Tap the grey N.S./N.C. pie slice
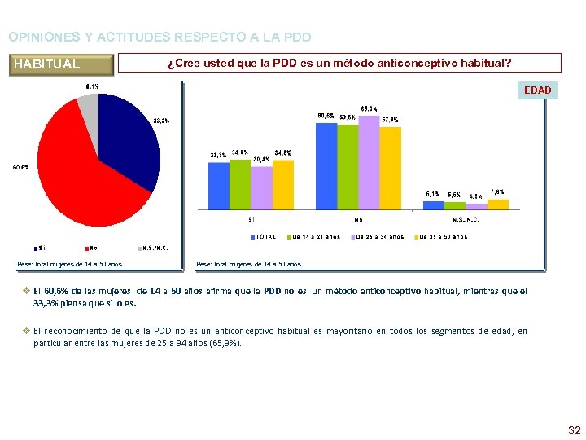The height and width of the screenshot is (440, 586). [89, 106]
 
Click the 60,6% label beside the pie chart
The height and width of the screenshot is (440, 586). [20, 167]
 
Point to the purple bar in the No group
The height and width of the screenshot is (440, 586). [369, 163]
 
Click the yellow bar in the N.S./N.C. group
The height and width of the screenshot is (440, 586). [498, 205]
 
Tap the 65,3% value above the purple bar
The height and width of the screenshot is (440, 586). [369, 109]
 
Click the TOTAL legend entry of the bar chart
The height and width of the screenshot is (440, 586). [264, 237]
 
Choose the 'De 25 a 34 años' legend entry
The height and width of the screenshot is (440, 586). [376, 237]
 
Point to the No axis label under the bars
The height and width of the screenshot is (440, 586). [358, 220]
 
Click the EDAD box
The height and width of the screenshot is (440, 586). [537, 90]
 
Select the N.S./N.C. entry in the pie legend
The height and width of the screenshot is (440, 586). [152, 249]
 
